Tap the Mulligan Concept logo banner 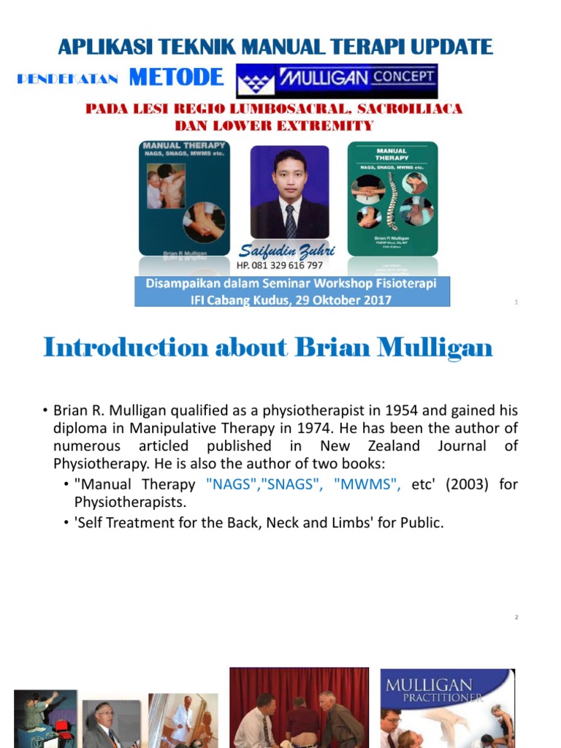point(337,80)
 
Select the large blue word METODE point(176,77)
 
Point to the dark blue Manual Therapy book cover point(184,197)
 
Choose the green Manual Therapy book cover point(392,197)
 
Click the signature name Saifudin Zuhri point(286,251)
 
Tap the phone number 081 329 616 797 point(280,265)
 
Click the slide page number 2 point(516,618)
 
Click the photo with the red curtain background point(300,707)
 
